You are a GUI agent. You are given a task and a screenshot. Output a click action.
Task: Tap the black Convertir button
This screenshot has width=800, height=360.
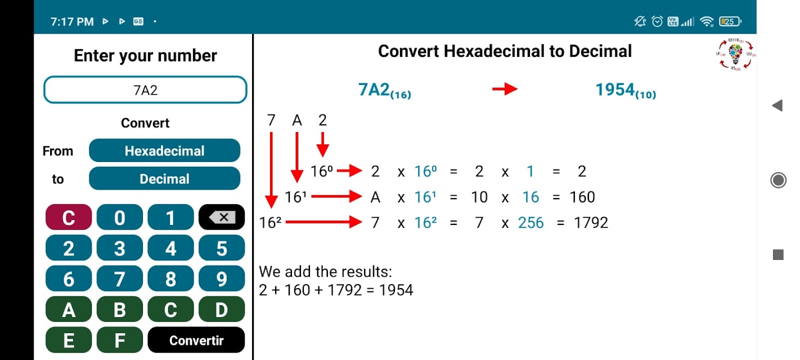[196, 340]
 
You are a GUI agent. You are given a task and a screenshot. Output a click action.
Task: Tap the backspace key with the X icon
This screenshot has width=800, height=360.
[222, 217]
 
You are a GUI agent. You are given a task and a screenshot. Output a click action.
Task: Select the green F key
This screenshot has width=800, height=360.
[120, 340]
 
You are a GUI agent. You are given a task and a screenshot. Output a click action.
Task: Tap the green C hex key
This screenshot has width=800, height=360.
[170, 309]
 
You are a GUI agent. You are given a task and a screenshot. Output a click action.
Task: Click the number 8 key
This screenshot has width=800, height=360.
[170, 278]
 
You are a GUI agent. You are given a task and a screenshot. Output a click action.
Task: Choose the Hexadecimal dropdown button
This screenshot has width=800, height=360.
[165, 150]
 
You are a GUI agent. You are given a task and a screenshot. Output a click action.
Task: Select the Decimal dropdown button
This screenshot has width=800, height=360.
[165, 178]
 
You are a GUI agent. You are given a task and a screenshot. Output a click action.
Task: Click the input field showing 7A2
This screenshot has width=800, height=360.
[145, 89]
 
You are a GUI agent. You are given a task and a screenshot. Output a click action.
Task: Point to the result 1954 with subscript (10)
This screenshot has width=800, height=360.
[626, 90]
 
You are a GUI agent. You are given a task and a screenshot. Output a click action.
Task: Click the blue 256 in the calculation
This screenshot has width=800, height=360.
[531, 223]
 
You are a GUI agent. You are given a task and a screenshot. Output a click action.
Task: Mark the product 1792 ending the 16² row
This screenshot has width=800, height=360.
[591, 223]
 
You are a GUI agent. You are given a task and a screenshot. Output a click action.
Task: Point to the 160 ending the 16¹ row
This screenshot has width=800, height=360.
[582, 197]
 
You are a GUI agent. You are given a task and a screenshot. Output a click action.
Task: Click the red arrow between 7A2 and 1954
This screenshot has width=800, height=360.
[505, 89]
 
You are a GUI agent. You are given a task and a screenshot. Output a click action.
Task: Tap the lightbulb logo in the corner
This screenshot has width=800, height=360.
[735, 55]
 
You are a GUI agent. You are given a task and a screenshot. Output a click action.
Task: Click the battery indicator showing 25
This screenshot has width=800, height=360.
[730, 21]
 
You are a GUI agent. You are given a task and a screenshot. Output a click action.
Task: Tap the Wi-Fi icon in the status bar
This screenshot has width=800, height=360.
[707, 22]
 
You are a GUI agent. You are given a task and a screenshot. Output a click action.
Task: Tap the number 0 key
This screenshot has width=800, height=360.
[120, 217]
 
